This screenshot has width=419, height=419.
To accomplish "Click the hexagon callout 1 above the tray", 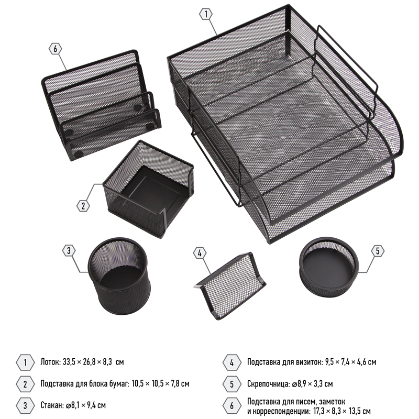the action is [x=206, y=14].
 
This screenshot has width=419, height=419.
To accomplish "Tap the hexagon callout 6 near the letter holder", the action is [x=56, y=49].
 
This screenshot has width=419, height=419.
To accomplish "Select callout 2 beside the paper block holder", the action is [x=83, y=206].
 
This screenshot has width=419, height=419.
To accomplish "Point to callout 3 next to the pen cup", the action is [x=69, y=251].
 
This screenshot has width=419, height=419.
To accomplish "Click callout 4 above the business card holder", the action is [x=200, y=253].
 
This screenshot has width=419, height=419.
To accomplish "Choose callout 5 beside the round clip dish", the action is [x=378, y=251].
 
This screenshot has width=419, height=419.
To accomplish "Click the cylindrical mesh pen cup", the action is [x=119, y=276].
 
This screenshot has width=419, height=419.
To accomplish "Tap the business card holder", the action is [x=230, y=286].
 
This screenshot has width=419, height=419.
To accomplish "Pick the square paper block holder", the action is [x=148, y=189].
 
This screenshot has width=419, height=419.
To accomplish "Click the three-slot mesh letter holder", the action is [x=102, y=105].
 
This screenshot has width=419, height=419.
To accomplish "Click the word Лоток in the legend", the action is [x=50, y=362].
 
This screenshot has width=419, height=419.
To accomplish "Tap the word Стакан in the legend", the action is [x=52, y=405].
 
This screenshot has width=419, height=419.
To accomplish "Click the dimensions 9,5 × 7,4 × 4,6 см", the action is [x=350, y=362].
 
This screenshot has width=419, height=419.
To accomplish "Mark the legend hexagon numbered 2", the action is [x=25, y=384].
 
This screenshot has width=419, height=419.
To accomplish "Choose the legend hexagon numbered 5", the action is [x=231, y=384].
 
